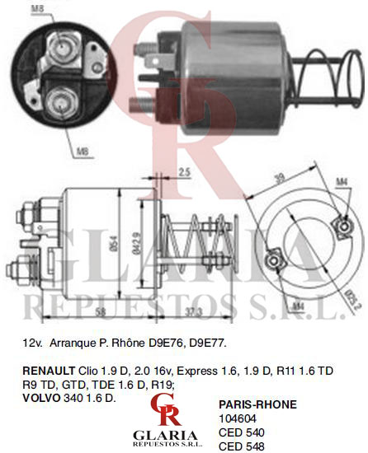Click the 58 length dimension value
pyautogui.click(x=100, y=311)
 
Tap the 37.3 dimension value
pyautogui.click(x=193, y=311)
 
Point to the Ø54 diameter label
pyautogui.click(x=114, y=244)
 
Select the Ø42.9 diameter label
pyautogui.click(x=136, y=243)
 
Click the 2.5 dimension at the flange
pyautogui.click(x=184, y=172)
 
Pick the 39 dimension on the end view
pyautogui.click(x=279, y=177)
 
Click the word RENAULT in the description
pyautogui.click(x=49, y=371)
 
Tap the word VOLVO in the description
pyautogui.click(x=41, y=398)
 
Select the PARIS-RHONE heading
pyautogui.click(x=257, y=404)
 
